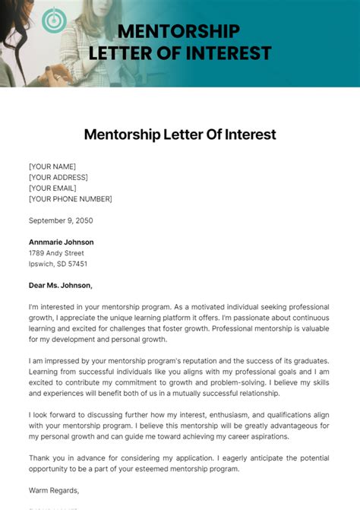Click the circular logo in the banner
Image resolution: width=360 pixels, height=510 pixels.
[54, 20]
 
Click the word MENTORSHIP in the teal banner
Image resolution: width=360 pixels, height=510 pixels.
[179, 32]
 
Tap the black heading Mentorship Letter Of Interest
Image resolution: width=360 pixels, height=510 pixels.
[180, 135]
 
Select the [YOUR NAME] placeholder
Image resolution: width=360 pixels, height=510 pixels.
[52, 166]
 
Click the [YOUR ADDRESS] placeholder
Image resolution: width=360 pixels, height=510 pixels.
[59, 177]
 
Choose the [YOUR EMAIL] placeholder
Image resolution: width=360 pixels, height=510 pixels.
[54, 188]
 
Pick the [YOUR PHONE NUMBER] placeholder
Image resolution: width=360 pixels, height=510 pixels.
[70, 198]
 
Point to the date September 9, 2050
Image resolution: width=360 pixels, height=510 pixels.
[62, 220]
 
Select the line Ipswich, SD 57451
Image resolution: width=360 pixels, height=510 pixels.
[58, 264]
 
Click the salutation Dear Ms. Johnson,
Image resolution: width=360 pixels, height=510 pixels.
[60, 286]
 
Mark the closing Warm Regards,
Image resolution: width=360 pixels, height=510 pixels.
[54, 490]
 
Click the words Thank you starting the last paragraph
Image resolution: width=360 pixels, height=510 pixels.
[44, 458]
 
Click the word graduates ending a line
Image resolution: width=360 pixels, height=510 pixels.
[309, 360]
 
